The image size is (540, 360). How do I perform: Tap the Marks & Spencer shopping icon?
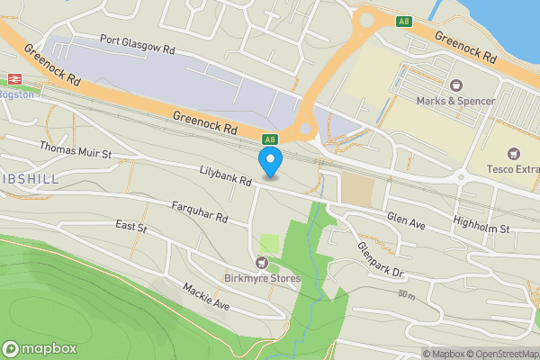(x=455, y=85)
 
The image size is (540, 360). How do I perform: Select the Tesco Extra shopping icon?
(x=514, y=155)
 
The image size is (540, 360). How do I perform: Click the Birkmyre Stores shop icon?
(x=262, y=263)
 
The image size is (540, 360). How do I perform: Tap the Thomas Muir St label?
(x=75, y=149)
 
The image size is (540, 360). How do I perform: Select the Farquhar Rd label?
(x=201, y=212)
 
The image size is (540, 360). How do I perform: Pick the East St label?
(x=131, y=227)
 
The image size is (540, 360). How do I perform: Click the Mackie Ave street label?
(x=206, y=298)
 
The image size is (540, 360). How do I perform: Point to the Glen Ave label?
(x=405, y=218)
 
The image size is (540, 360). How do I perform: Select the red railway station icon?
(x=14, y=78)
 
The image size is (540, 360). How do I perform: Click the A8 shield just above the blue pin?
(x=269, y=139)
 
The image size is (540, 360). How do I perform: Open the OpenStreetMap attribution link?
(x=499, y=353)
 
